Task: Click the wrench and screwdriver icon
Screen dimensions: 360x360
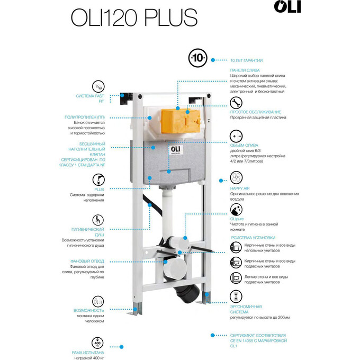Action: click(236, 102)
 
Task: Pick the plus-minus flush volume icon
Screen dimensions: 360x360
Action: click(236, 137)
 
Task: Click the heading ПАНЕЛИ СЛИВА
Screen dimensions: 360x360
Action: click(245, 70)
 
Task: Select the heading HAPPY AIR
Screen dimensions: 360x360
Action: click(239, 188)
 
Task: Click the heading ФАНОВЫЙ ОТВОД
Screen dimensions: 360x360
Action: click(87, 261)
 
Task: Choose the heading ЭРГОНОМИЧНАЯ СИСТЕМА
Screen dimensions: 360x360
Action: click(246, 309)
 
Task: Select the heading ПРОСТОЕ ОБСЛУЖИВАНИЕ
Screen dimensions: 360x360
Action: click(255, 112)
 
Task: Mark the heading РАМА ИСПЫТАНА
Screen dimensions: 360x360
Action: click(88, 352)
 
